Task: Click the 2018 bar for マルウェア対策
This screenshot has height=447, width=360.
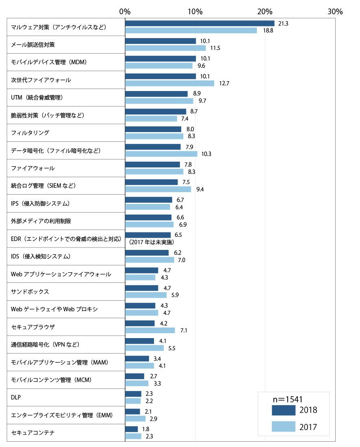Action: click(x=200, y=24)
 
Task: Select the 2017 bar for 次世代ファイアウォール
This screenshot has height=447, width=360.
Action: click(x=170, y=83)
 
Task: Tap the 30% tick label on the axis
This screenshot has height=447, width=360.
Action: click(x=335, y=12)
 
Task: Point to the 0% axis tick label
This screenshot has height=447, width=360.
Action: click(x=125, y=12)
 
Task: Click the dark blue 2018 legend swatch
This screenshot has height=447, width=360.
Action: click(x=284, y=410)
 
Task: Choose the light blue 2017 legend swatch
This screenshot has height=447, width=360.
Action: click(x=284, y=426)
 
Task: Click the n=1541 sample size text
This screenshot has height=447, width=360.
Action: click(x=288, y=399)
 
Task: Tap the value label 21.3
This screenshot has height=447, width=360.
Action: click(x=283, y=24)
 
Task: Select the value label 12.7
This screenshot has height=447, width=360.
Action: click(x=224, y=84)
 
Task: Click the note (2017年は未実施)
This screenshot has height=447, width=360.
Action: click(x=151, y=242)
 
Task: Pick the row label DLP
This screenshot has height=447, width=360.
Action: click(x=16, y=397)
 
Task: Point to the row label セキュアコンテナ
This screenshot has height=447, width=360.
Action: click(x=33, y=433)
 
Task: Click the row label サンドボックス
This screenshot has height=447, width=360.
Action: click(x=30, y=292)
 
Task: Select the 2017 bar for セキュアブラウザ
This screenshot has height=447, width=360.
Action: click(x=150, y=330)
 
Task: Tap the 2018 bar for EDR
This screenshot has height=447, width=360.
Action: click(x=148, y=235)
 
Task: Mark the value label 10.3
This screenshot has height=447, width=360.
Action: click(x=206, y=154)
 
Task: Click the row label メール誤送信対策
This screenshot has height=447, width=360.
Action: click(x=33, y=45)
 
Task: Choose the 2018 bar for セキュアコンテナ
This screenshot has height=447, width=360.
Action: click(x=132, y=429)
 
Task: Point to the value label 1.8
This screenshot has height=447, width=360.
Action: click(x=145, y=429)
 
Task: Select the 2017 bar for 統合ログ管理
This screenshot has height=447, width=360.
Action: click(x=158, y=189)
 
